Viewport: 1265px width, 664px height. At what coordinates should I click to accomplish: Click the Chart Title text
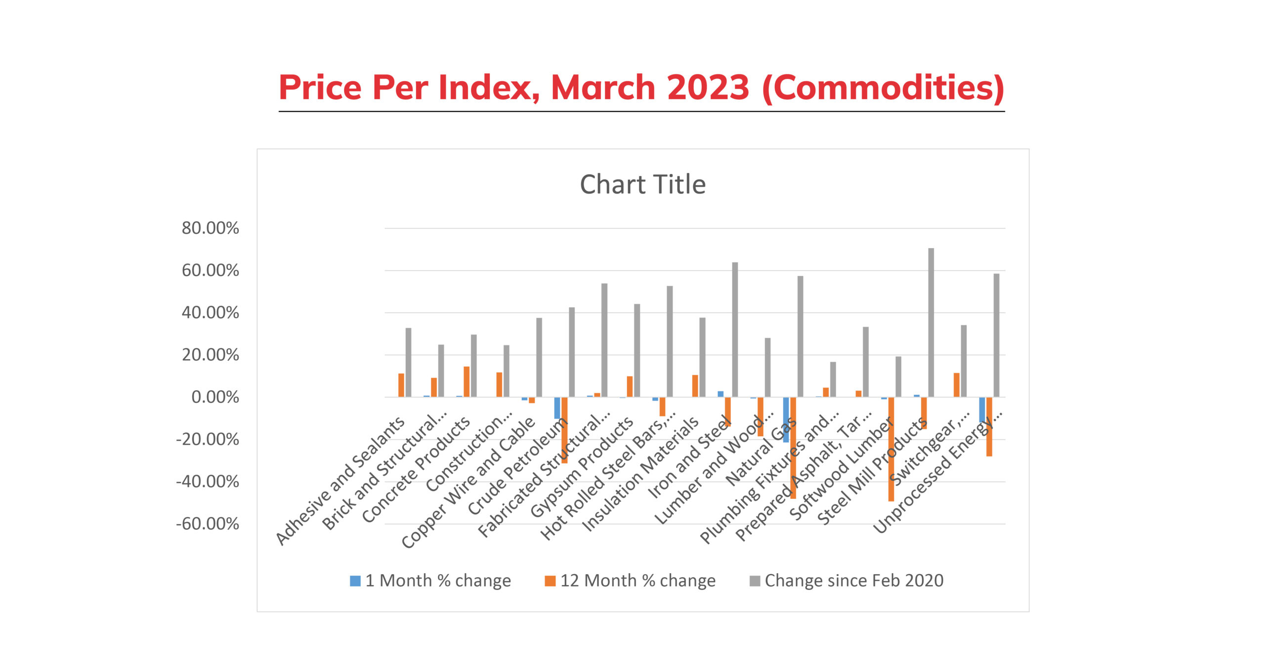pos(642,184)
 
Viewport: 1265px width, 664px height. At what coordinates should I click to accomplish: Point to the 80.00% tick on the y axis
pos(210,228)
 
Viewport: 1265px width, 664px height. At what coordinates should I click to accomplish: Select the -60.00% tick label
pos(208,524)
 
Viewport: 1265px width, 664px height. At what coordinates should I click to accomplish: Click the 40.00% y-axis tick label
pos(210,313)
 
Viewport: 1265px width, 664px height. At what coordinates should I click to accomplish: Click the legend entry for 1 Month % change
pos(430,581)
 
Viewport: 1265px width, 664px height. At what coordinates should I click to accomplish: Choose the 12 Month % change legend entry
pos(630,581)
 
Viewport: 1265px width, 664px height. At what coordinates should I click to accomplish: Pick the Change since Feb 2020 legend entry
pos(846,581)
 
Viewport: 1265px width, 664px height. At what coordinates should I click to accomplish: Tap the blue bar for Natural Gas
pos(786,419)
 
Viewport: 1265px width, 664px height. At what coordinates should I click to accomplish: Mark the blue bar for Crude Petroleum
pos(557,408)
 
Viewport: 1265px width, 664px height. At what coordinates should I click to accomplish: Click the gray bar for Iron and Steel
pos(735,330)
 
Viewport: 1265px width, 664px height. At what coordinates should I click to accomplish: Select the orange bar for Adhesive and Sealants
pos(401,385)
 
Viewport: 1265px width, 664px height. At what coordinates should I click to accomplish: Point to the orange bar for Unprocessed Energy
pos(989,426)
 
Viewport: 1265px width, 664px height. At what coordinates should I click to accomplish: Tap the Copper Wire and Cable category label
pos(468,483)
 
